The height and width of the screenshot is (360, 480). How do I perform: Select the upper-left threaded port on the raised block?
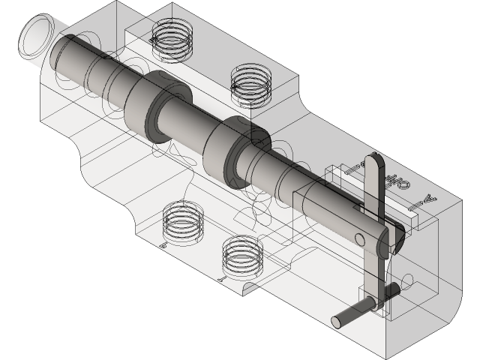pyautogui.click(x=171, y=38)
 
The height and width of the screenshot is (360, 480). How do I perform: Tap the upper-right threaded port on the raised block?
pyautogui.click(x=250, y=82)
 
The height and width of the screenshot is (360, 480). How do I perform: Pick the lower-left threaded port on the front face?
pyautogui.click(x=183, y=223)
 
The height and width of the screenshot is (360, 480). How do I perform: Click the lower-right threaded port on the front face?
pyautogui.click(x=244, y=258)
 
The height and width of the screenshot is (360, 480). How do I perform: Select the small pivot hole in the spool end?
pyautogui.click(x=359, y=239)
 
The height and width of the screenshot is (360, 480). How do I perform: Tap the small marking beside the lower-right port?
pyautogui.click(x=221, y=278)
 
